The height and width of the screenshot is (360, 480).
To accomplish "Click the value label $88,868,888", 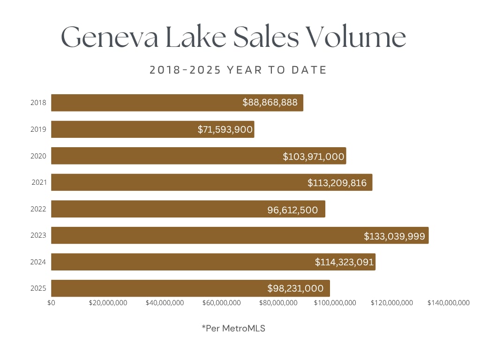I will click(x=270, y=103).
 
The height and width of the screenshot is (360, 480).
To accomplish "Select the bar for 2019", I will click(x=152, y=129).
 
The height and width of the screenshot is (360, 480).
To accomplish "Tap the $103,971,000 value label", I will click(x=314, y=157).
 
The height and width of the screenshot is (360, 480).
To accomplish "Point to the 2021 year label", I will click(x=39, y=182).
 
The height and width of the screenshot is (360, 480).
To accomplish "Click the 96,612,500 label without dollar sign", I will click(x=292, y=210).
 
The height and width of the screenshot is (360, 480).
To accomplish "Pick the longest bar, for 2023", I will click(x=240, y=235).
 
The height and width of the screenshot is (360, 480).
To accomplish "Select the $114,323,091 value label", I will click(x=345, y=262).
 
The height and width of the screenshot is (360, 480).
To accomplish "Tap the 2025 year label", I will click(x=38, y=288).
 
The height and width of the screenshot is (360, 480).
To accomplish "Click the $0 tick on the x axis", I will click(x=51, y=303).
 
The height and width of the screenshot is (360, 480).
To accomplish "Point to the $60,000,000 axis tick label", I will click(x=222, y=303).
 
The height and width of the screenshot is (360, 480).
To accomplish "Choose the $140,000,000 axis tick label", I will click(x=448, y=303).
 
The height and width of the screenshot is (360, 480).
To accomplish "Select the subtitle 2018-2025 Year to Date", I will click(x=238, y=70).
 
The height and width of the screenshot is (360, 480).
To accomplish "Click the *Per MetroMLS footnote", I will click(x=233, y=329).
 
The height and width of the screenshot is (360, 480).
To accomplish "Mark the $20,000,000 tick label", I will click(x=108, y=303).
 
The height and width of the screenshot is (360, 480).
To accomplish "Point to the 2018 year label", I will click(x=38, y=103).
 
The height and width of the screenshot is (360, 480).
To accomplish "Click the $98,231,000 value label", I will click(x=295, y=288).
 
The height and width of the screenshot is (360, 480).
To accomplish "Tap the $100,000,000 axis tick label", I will click(x=335, y=303).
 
